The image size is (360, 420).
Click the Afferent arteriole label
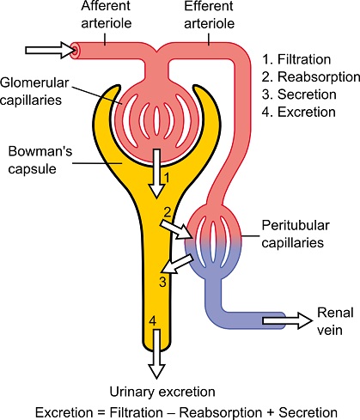pos(107,15)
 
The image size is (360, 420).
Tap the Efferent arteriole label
pos(209,15)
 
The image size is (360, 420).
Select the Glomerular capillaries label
pos(34,92)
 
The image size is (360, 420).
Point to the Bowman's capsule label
pos(40,160)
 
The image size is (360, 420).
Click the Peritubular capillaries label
pos(296,234)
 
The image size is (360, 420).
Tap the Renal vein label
pos(335,321)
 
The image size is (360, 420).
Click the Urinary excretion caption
pos(162,392)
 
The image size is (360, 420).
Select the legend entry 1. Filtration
pos(296,59)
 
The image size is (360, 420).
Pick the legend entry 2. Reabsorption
pos(311,77)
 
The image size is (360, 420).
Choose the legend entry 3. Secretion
pos(299,94)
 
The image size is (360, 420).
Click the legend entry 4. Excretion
pos(299,112)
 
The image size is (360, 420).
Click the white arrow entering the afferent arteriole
pos(48,50)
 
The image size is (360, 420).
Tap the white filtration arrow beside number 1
pos(156,173)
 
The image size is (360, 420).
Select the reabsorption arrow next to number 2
pos(175,228)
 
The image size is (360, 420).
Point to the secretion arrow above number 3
pos(177,265)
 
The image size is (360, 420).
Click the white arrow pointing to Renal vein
pos(287,320)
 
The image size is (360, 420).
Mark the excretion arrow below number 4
pos(156,354)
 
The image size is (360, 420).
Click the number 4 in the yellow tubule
pos(153,321)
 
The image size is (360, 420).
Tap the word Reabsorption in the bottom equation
pos(221,413)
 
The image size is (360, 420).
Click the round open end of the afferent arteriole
pos(76,51)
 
